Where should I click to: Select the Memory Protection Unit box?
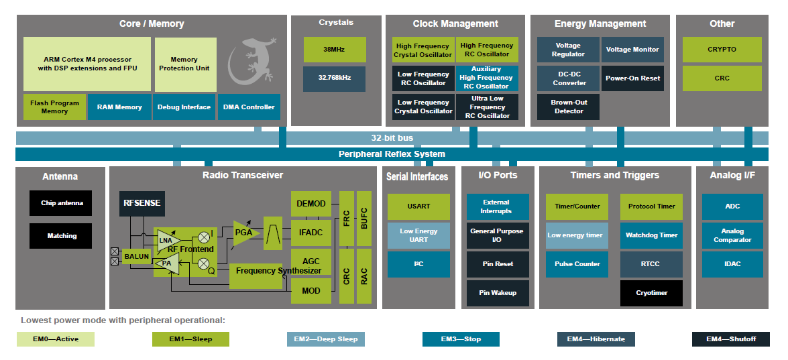[x=185, y=64]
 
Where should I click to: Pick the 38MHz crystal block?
[x=334, y=50]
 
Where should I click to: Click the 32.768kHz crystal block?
[x=334, y=78]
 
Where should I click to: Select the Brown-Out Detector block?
[x=568, y=107]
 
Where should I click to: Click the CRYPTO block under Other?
[x=722, y=50]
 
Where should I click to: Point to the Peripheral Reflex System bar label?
[x=392, y=154]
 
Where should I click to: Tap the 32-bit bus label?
[x=392, y=138]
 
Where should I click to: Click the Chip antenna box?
[x=61, y=203]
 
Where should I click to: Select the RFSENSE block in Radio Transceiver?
[x=142, y=203]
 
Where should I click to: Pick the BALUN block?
[x=136, y=257]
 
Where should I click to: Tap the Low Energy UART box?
[x=418, y=235]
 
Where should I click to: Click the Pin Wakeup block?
[x=498, y=293]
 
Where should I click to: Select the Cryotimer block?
[x=651, y=293]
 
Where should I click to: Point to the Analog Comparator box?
[x=732, y=235]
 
